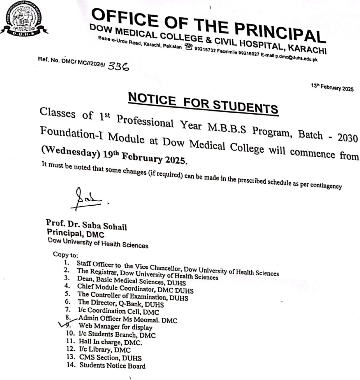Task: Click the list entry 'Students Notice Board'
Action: tap(112, 366)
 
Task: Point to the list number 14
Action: tap(70, 365)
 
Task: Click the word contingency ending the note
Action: tap(323, 187)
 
